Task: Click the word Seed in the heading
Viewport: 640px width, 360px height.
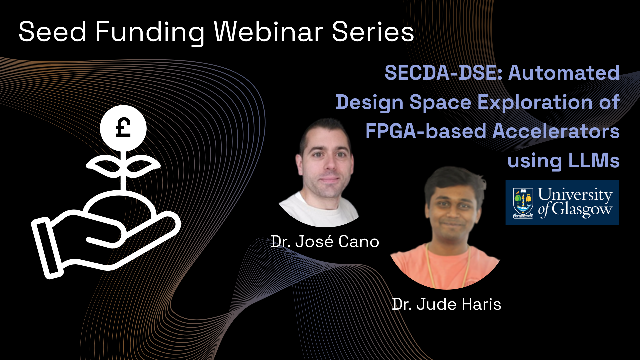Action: pos(53,32)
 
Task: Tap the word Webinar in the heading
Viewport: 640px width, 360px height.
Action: pos(268,32)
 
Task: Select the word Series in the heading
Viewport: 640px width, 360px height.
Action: pos(373,32)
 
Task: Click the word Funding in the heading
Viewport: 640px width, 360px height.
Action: pos(150,33)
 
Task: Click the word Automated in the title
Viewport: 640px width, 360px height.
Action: pos(564,73)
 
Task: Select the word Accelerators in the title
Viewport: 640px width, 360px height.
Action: pos(556,131)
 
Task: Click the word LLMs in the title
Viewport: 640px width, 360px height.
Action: pos(594,161)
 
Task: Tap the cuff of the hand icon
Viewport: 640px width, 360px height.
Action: pos(47,248)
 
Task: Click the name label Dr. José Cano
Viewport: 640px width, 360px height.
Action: pos(325,241)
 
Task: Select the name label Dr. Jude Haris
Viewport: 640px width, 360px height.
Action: pos(447,304)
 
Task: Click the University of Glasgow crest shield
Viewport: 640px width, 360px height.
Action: pos(523,203)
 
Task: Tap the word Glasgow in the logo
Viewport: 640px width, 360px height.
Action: pos(582,210)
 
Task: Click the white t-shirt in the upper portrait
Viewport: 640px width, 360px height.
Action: pos(319,210)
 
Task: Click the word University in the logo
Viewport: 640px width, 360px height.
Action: pos(575,194)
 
